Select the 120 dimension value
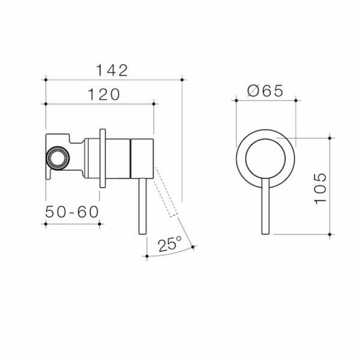tap(104, 94)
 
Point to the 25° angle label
tap(170, 244)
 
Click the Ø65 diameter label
tap(264, 90)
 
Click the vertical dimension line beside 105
tap(332, 186)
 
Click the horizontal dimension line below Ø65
tap(265, 101)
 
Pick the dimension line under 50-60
tap(72, 223)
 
